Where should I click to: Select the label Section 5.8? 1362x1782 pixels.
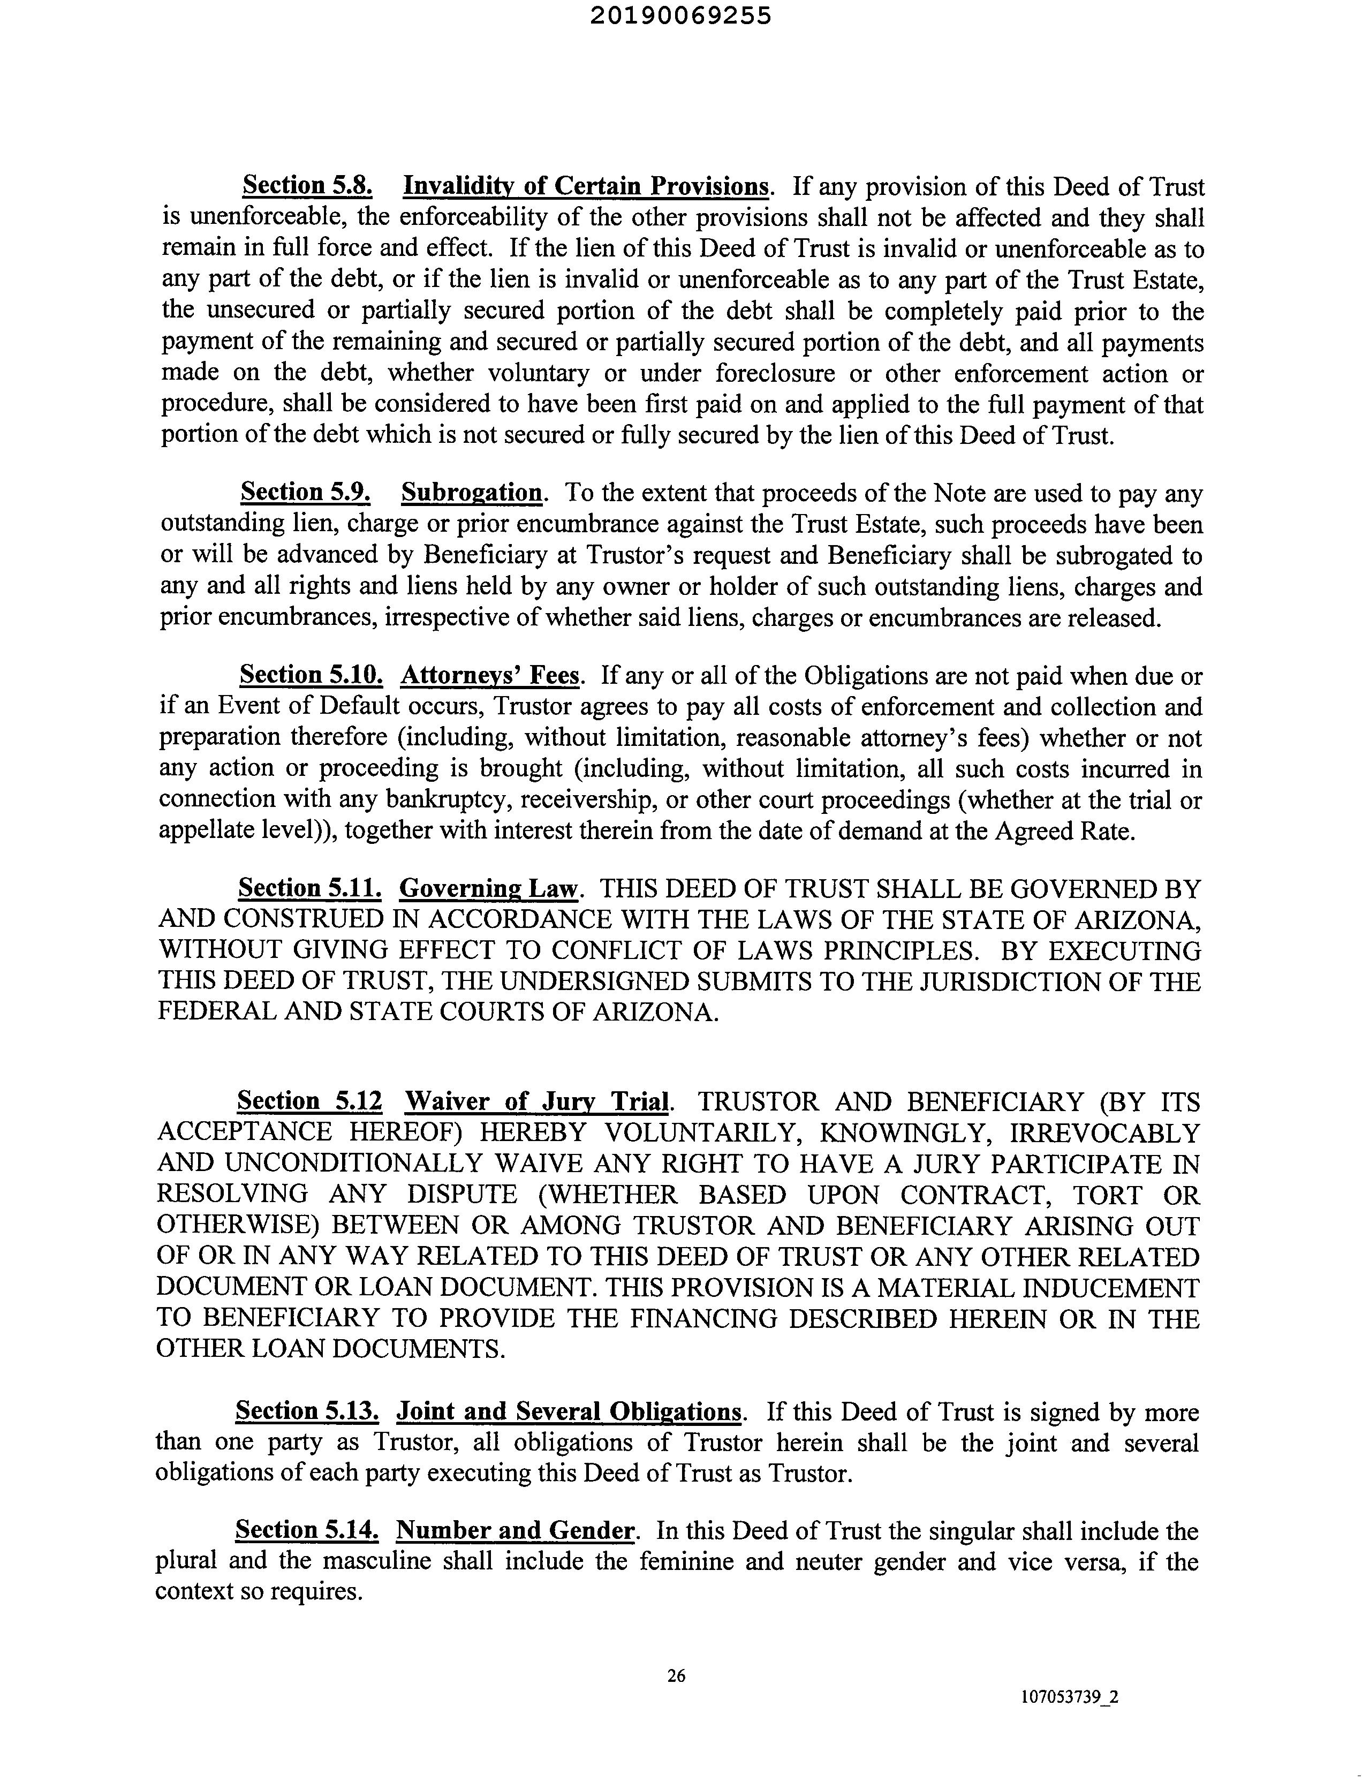coord(308,186)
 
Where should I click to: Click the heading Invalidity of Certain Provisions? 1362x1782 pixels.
coord(586,186)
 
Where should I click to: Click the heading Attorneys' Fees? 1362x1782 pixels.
coord(490,675)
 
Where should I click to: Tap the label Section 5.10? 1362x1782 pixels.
coord(311,675)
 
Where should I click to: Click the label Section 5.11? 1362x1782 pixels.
coord(309,889)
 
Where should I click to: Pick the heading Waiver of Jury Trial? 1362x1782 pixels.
coord(538,1102)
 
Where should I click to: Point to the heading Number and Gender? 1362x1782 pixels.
coord(515,1531)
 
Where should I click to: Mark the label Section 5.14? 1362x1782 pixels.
coord(307,1531)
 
